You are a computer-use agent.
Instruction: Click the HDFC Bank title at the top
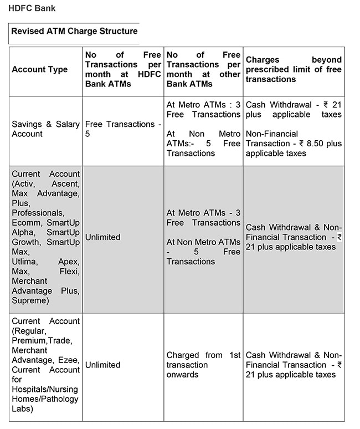pyautogui.click(x=33, y=8)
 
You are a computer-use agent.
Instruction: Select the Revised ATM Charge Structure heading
pyautogui.click(x=74, y=31)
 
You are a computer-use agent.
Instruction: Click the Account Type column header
pyautogui.click(x=40, y=69)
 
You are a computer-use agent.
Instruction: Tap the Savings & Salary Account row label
pyautogui.click(x=45, y=129)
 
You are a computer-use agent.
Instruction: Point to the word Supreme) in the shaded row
pyautogui.click(x=30, y=300)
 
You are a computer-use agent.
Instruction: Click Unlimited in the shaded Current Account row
pyautogui.click(x=102, y=237)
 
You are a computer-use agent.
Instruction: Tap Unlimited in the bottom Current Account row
pyautogui.click(x=102, y=365)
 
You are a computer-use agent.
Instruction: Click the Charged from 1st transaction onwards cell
pyautogui.click(x=203, y=365)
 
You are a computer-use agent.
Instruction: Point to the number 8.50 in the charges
pyautogui.click(x=317, y=144)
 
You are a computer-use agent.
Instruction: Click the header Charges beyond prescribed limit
pyautogui.click(x=294, y=69)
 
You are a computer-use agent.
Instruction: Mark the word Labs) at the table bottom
pyautogui.click(x=22, y=408)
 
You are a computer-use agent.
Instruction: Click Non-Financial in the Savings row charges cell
pyautogui.click(x=272, y=134)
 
